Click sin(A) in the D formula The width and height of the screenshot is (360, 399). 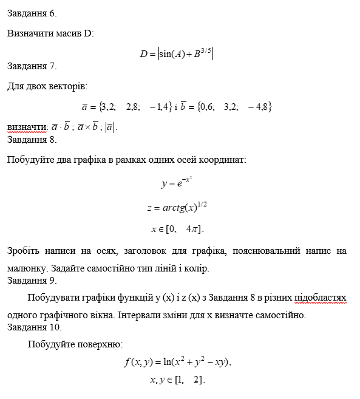tap(172, 54)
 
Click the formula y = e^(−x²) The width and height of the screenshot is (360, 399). tap(176, 182)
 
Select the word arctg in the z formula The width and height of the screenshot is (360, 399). tap(176, 208)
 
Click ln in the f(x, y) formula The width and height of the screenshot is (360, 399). tap(168, 363)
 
